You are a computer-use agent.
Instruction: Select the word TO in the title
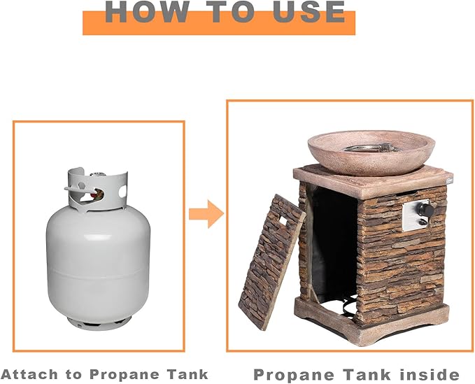[x=232, y=12]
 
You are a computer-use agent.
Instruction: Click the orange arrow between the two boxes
[x=206, y=214]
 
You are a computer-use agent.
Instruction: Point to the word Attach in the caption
[x=29, y=374]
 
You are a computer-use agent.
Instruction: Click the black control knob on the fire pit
[x=426, y=210]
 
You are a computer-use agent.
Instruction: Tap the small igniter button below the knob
[x=423, y=222]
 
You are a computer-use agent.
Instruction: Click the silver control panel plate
[x=416, y=215]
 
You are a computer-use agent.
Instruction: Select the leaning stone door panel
[x=271, y=262]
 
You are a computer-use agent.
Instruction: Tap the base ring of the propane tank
[x=99, y=322]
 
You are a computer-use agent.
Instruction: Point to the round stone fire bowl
[x=371, y=153]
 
